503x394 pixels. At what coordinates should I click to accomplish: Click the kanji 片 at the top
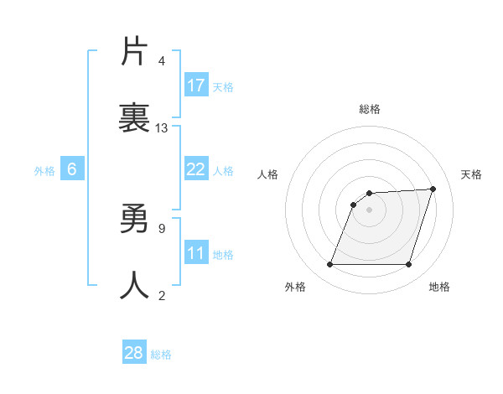tap(135, 52)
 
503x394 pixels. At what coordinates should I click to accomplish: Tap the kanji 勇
tap(135, 220)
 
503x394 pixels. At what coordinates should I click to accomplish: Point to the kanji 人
tap(135, 285)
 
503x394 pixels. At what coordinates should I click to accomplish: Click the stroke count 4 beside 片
tap(162, 61)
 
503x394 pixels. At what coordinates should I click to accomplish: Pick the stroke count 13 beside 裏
tap(162, 128)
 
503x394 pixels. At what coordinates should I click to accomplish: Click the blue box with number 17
tap(196, 86)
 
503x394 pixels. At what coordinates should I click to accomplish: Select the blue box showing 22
tap(196, 169)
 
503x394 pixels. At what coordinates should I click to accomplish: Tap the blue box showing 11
tap(196, 253)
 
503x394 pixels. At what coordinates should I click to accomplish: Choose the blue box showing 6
tap(72, 169)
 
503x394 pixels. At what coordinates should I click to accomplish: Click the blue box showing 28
tap(134, 353)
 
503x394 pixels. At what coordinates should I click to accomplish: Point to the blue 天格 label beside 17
tap(223, 86)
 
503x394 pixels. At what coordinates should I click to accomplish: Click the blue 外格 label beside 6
tap(44, 170)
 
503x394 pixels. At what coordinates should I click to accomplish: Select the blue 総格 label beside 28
tap(161, 354)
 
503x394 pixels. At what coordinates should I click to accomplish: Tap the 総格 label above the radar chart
tap(370, 109)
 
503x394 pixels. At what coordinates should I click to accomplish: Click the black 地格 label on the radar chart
tap(439, 288)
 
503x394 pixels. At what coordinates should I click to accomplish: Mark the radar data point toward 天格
tap(433, 189)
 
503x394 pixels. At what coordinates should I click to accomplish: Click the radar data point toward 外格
tap(329, 265)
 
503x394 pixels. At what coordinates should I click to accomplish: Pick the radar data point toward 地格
tap(408, 265)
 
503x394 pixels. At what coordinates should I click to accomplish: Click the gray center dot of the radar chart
tap(370, 210)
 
